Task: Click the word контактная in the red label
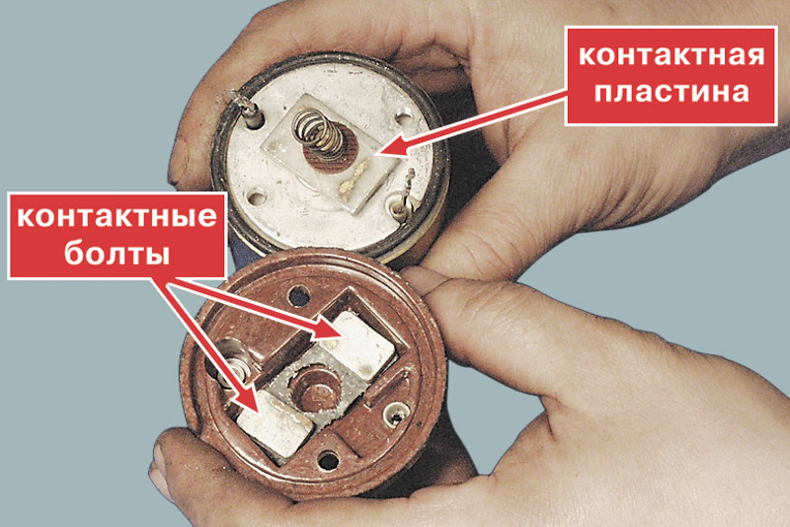tap(671, 56)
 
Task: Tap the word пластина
tap(671, 92)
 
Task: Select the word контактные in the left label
tap(117, 217)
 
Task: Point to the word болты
tap(117, 254)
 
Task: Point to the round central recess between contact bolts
tap(314, 388)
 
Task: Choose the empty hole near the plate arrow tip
tap(403, 118)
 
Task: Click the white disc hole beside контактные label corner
tap(257, 196)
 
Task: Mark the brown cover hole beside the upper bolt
tap(299, 294)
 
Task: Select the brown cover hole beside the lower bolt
tap(329, 461)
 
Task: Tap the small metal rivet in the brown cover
tap(396, 414)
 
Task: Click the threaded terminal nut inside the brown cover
tap(231, 363)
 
